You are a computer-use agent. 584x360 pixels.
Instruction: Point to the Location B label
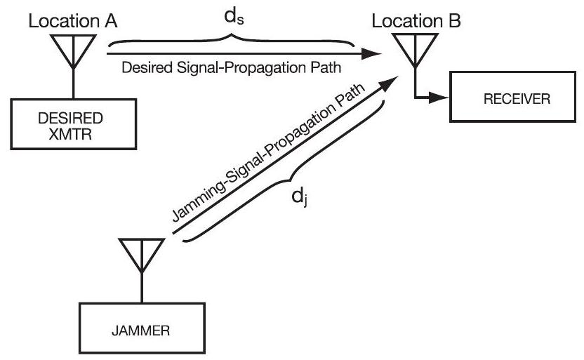[417, 22]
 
